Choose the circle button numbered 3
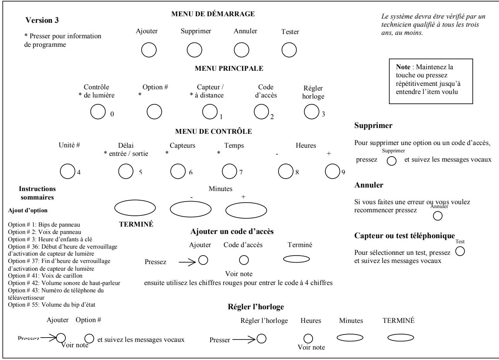click(311, 111)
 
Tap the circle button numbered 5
click(126, 171)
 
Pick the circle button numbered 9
click(333, 171)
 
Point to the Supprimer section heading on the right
click(373, 126)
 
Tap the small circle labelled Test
click(460, 252)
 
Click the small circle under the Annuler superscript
click(438, 216)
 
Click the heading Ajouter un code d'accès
click(232, 232)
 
